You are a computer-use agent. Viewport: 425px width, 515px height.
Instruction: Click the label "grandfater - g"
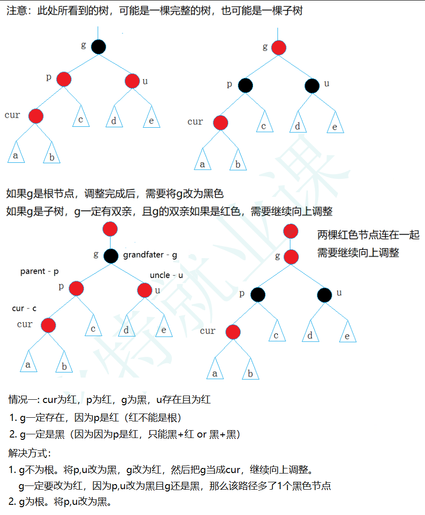(150, 255)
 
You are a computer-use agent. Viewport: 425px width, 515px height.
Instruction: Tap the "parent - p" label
(39, 272)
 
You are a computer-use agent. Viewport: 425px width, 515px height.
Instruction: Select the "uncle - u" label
(166, 275)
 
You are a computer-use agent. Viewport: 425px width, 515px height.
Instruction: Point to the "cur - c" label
(24, 308)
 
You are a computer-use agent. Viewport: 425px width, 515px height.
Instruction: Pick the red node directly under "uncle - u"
(144, 290)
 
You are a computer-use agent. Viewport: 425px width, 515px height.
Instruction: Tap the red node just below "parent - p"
(77, 289)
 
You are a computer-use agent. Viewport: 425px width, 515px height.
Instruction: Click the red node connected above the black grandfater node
(110, 229)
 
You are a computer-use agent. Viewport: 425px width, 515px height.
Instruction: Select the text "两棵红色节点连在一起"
(368, 235)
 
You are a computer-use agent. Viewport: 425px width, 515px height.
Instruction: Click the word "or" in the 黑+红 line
(201, 434)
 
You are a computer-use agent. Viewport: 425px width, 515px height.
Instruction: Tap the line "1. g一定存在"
(95, 418)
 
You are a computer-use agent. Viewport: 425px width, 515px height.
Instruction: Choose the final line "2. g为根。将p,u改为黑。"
(60, 502)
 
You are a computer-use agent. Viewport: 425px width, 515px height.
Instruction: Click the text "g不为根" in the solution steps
(37, 470)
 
